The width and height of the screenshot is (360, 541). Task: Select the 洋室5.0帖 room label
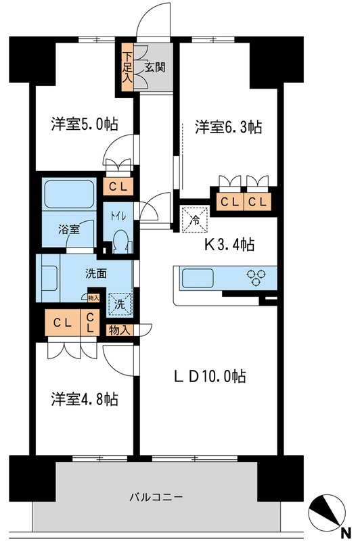pos(85,124)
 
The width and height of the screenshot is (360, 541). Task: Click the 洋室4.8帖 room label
pos(85,399)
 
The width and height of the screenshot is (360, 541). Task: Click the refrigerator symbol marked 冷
pos(194,218)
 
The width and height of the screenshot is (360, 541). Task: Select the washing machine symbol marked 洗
pos(118,304)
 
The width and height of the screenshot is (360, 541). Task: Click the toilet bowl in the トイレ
pos(120,241)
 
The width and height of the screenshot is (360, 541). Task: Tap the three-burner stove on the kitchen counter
pos(258,275)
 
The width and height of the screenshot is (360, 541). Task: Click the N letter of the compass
pos(345,531)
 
